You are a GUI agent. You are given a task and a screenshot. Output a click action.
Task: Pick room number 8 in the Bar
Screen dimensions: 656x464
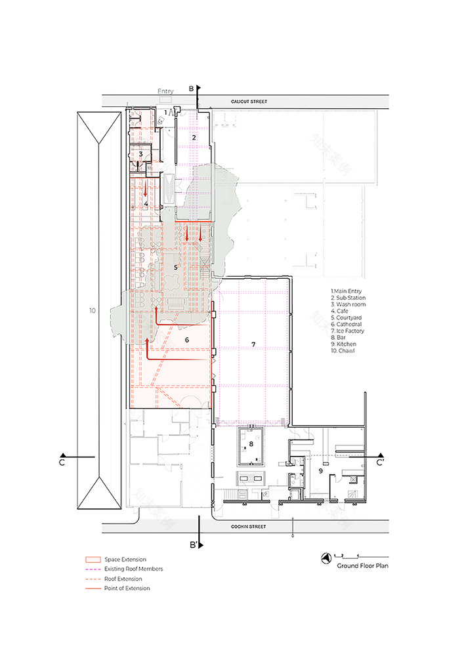pos(251,444)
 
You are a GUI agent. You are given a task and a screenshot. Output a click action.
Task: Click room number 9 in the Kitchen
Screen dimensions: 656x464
pos(321,470)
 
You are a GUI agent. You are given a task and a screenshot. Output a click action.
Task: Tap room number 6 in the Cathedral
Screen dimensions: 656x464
pos(187,340)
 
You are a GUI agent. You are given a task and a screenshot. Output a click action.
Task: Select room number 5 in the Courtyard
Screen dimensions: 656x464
pos(175,268)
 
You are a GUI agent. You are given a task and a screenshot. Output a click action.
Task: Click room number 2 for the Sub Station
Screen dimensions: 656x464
pos(194,138)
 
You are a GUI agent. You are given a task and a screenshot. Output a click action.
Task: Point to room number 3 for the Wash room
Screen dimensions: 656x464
pos(140,154)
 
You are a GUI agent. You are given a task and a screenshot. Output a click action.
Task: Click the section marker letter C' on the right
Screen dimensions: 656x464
pos(380,463)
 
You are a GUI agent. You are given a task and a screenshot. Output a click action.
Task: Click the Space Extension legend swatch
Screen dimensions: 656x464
pos(93,560)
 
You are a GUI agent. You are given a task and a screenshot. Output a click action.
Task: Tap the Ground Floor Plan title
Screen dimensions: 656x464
pos(363,565)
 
